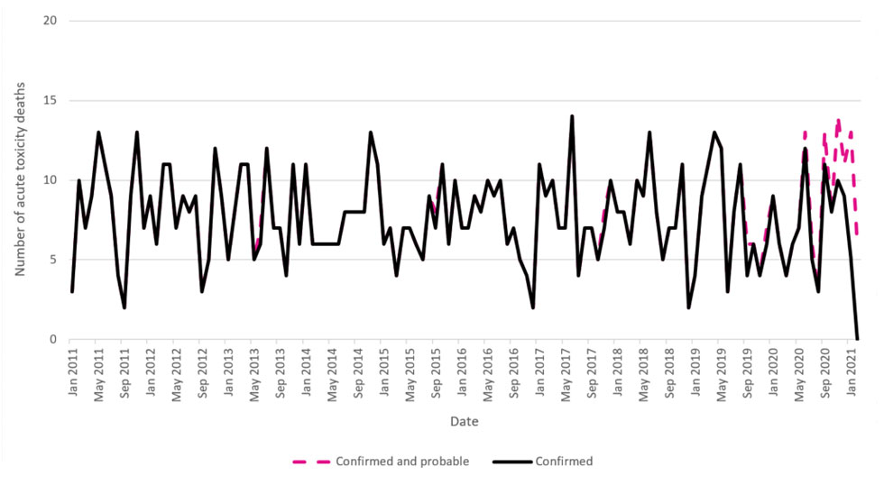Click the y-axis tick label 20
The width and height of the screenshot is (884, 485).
point(52,21)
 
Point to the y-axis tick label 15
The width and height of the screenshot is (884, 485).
point(52,101)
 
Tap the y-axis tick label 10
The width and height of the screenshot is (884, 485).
point(52,180)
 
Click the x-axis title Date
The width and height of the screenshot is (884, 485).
point(465,421)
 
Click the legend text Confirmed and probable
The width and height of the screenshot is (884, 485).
point(402,462)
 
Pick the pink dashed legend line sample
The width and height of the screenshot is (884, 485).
point(310,462)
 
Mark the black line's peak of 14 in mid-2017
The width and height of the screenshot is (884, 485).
point(572,116)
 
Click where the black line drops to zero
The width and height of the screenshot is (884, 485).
point(858,339)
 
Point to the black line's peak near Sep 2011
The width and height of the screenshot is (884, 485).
point(137,133)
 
